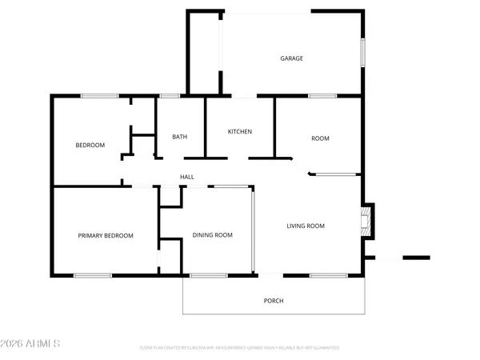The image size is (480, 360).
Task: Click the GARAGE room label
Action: [x=291, y=58]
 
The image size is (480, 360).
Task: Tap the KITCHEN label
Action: [x=240, y=131]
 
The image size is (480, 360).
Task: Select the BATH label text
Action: [x=180, y=137]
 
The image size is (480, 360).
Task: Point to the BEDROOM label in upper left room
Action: [x=90, y=145]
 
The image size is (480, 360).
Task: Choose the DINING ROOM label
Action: [x=212, y=235]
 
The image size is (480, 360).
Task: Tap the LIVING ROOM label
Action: [x=306, y=226]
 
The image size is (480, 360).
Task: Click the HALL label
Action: [x=186, y=177]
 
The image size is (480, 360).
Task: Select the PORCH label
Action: [x=274, y=301]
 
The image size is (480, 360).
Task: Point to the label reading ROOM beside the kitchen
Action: [x=320, y=138]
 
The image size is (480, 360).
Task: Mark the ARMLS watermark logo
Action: [x=31, y=343]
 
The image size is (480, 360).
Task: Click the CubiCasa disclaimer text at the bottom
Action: [x=239, y=348]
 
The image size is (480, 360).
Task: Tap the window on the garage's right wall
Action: [x=362, y=53]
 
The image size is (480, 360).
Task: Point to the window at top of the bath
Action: [x=169, y=97]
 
